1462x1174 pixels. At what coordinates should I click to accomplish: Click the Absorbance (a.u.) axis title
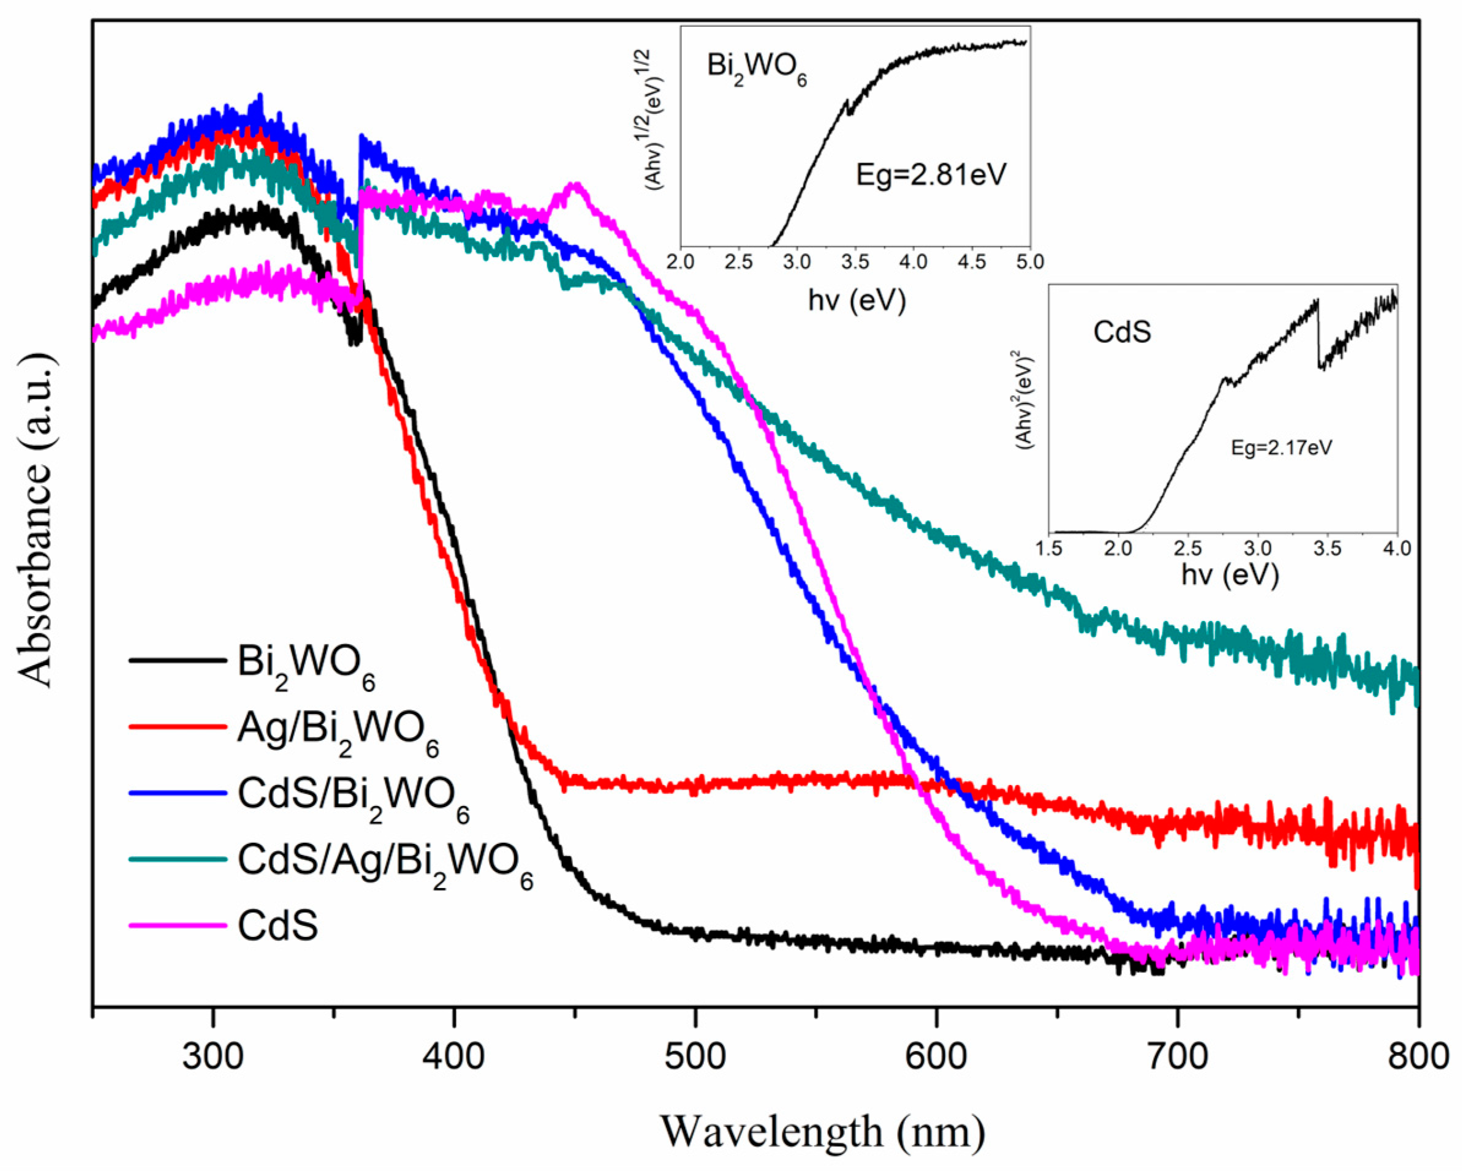coord(36,520)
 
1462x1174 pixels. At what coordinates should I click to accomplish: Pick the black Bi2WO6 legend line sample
coord(178,660)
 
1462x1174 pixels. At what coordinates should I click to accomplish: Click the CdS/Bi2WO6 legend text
coord(352,798)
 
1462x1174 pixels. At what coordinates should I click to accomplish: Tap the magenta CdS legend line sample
coord(178,925)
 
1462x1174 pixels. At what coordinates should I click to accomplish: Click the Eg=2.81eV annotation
coord(931,175)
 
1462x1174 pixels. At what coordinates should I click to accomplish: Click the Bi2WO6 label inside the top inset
coord(757,70)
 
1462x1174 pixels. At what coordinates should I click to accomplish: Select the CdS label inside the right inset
coord(1123,332)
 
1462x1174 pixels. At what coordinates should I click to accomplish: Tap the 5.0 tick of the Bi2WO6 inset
coord(1029,262)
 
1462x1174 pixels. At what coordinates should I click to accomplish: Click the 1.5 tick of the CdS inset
coord(1050,547)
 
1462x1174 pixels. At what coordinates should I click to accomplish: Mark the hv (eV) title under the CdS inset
coord(1229,575)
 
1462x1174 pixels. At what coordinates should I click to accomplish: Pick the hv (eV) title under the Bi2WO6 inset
coord(857,299)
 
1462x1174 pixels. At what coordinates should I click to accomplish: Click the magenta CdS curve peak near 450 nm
coord(577,184)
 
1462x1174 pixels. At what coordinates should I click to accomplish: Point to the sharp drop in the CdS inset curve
coord(1319,336)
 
